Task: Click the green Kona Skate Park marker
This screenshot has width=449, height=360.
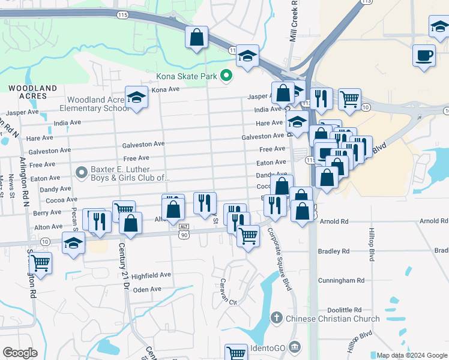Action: [x=226, y=76]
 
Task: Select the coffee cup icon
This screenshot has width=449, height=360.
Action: [x=424, y=55]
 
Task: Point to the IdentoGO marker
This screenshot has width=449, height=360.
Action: [x=294, y=347]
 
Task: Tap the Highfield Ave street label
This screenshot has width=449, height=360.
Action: [x=152, y=275]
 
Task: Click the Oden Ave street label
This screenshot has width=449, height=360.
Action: [x=148, y=289]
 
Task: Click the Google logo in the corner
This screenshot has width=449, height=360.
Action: [x=20, y=353]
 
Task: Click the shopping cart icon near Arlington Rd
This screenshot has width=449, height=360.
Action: [x=40, y=263]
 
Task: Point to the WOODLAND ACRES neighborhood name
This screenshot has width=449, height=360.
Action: [x=33, y=92]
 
